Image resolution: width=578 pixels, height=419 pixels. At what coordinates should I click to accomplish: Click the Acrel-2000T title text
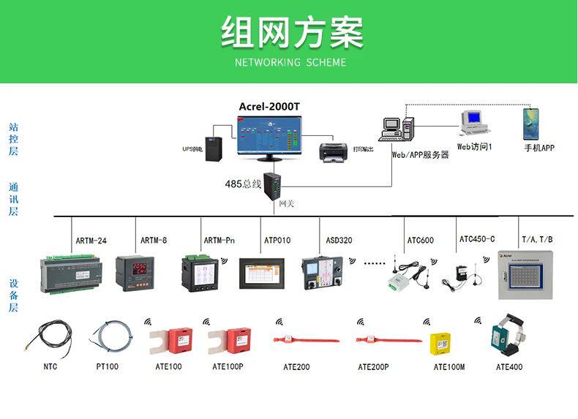269,107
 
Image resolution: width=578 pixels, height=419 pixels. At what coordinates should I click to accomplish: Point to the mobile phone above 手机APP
530,124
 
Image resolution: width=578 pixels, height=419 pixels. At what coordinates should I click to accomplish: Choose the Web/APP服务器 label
420,155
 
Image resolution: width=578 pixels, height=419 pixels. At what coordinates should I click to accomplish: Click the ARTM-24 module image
74,271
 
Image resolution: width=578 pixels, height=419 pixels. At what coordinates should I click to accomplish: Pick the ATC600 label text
420,241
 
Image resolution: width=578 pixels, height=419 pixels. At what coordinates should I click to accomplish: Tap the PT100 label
107,366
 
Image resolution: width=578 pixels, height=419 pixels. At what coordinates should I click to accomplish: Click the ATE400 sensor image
507,335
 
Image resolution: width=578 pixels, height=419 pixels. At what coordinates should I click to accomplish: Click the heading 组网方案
291,32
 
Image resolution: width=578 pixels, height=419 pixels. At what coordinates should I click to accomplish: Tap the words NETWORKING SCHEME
290,62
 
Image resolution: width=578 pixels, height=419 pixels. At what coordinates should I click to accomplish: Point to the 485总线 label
242,184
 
